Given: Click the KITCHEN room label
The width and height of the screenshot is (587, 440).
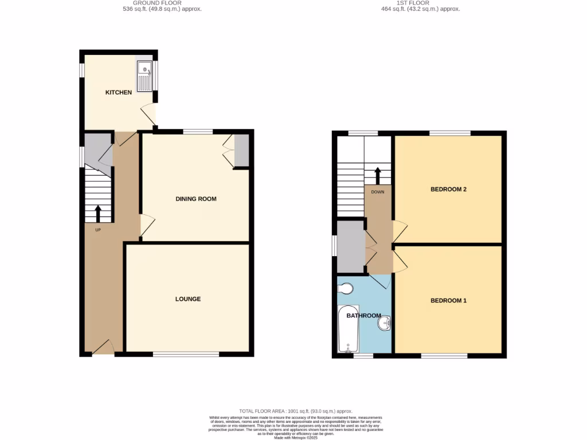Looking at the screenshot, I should tap(118, 92).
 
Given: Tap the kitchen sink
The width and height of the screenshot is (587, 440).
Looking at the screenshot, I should tap(144, 76).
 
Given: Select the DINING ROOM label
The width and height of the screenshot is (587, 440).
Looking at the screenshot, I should tap(195, 199).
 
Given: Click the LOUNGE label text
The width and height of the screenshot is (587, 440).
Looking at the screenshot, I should tap(188, 299).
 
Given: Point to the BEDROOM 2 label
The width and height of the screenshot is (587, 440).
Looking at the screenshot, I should tap(448, 189).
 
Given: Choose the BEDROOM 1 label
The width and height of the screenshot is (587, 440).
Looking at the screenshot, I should tap(448, 300).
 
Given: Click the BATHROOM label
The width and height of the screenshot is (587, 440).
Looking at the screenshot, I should tap(363, 316).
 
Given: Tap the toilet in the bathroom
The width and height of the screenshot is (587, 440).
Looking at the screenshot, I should tap(346, 289).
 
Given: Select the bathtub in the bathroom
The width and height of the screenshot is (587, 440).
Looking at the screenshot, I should tap(348, 329).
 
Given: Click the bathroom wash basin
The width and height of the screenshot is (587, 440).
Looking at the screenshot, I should tap(383, 324).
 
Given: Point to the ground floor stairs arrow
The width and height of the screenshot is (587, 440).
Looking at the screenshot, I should tap(97, 214).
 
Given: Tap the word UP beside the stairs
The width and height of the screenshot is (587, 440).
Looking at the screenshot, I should tap(97, 230).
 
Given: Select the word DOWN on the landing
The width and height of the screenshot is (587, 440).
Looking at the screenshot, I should tap(377, 192).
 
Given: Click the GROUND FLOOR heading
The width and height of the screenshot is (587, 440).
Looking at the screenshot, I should tap(162, 3).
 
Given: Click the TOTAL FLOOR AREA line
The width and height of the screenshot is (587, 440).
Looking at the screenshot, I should tap(296, 411).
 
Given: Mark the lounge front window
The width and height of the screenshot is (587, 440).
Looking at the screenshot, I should tap(186, 355).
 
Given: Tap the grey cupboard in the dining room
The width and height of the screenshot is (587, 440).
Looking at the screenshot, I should tap(241, 151).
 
